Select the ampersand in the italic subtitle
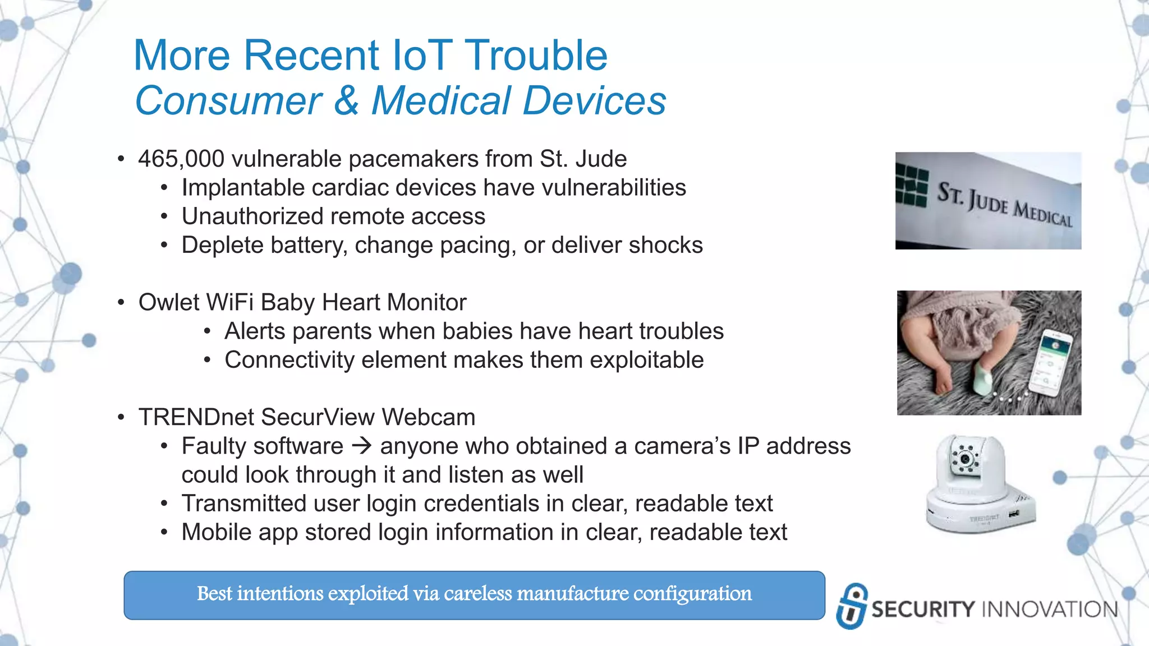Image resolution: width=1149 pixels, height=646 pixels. click(x=346, y=101)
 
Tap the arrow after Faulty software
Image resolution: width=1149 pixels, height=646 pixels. click(x=362, y=446)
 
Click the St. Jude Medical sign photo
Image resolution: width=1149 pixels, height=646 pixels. click(x=988, y=201)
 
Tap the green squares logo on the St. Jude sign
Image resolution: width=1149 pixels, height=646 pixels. click(x=911, y=187)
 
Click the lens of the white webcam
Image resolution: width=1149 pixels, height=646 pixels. click(x=965, y=459)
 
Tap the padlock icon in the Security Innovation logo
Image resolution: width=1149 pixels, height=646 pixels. click(x=852, y=606)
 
